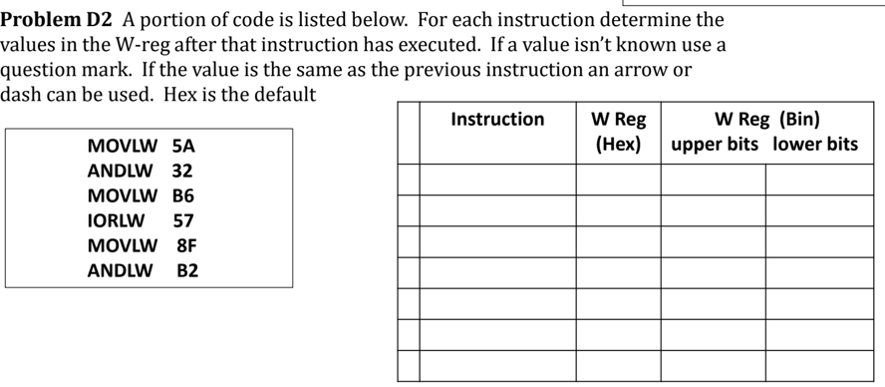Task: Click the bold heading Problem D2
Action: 57,20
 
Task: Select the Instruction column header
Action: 497,120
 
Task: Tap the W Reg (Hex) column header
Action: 618,132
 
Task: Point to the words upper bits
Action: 715,145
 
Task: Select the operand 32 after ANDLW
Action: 182,171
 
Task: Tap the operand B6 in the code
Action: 183,195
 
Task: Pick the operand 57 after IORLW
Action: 183,220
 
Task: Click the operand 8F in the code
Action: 187,245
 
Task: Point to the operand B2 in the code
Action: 187,270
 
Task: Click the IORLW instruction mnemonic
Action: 116,220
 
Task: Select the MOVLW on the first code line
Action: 122,146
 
